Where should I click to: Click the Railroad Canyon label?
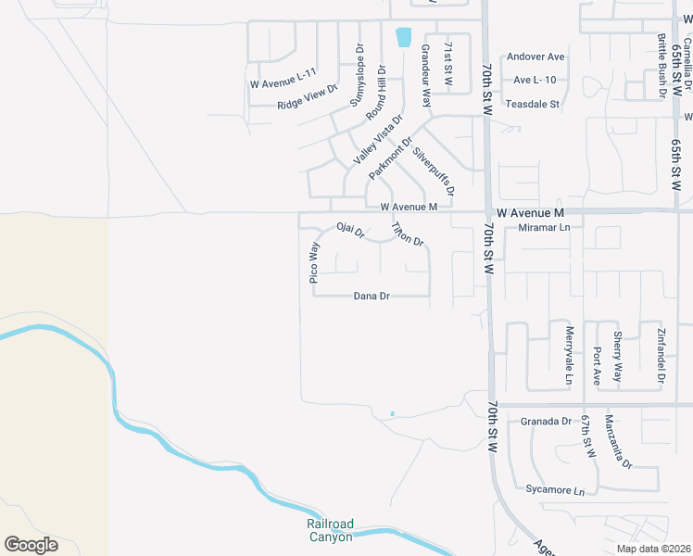tap(330, 530)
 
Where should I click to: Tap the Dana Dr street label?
tap(372, 297)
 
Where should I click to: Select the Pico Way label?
tap(314, 262)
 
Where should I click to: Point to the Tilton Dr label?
tap(407, 234)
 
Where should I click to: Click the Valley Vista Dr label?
tap(378, 140)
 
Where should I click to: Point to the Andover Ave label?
tap(535, 57)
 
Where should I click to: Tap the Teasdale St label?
tap(532, 105)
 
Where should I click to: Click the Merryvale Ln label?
tap(570, 355)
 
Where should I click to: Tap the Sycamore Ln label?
tap(555, 490)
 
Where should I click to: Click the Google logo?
tap(31, 545)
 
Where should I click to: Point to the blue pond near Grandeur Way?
tap(403, 38)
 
